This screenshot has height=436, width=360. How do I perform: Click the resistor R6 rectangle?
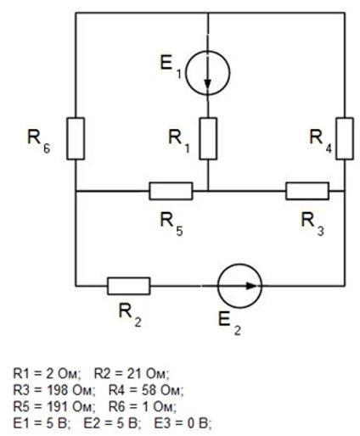click(x=76, y=138)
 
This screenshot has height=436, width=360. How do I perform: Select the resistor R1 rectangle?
click(x=208, y=138)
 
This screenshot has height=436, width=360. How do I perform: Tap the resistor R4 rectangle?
click(x=345, y=138)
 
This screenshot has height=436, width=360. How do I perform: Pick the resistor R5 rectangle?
click(x=171, y=191)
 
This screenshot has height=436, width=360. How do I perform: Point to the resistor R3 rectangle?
click(x=307, y=191)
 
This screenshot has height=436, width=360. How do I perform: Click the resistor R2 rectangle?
click(x=129, y=286)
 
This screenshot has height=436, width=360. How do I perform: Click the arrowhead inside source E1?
click(x=208, y=83)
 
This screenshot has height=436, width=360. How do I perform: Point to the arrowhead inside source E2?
click(x=250, y=286)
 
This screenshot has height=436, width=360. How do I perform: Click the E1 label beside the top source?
click(x=171, y=67)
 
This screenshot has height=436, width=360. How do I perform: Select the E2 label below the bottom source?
click(x=229, y=325)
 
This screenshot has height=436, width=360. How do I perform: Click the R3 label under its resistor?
click(x=312, y=224)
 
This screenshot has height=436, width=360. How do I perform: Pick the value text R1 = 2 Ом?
click(x=48, y=373)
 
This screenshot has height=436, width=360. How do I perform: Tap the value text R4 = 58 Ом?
click(x=146, y=390)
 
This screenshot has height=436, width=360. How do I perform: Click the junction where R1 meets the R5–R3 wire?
click(x=208, y=191)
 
